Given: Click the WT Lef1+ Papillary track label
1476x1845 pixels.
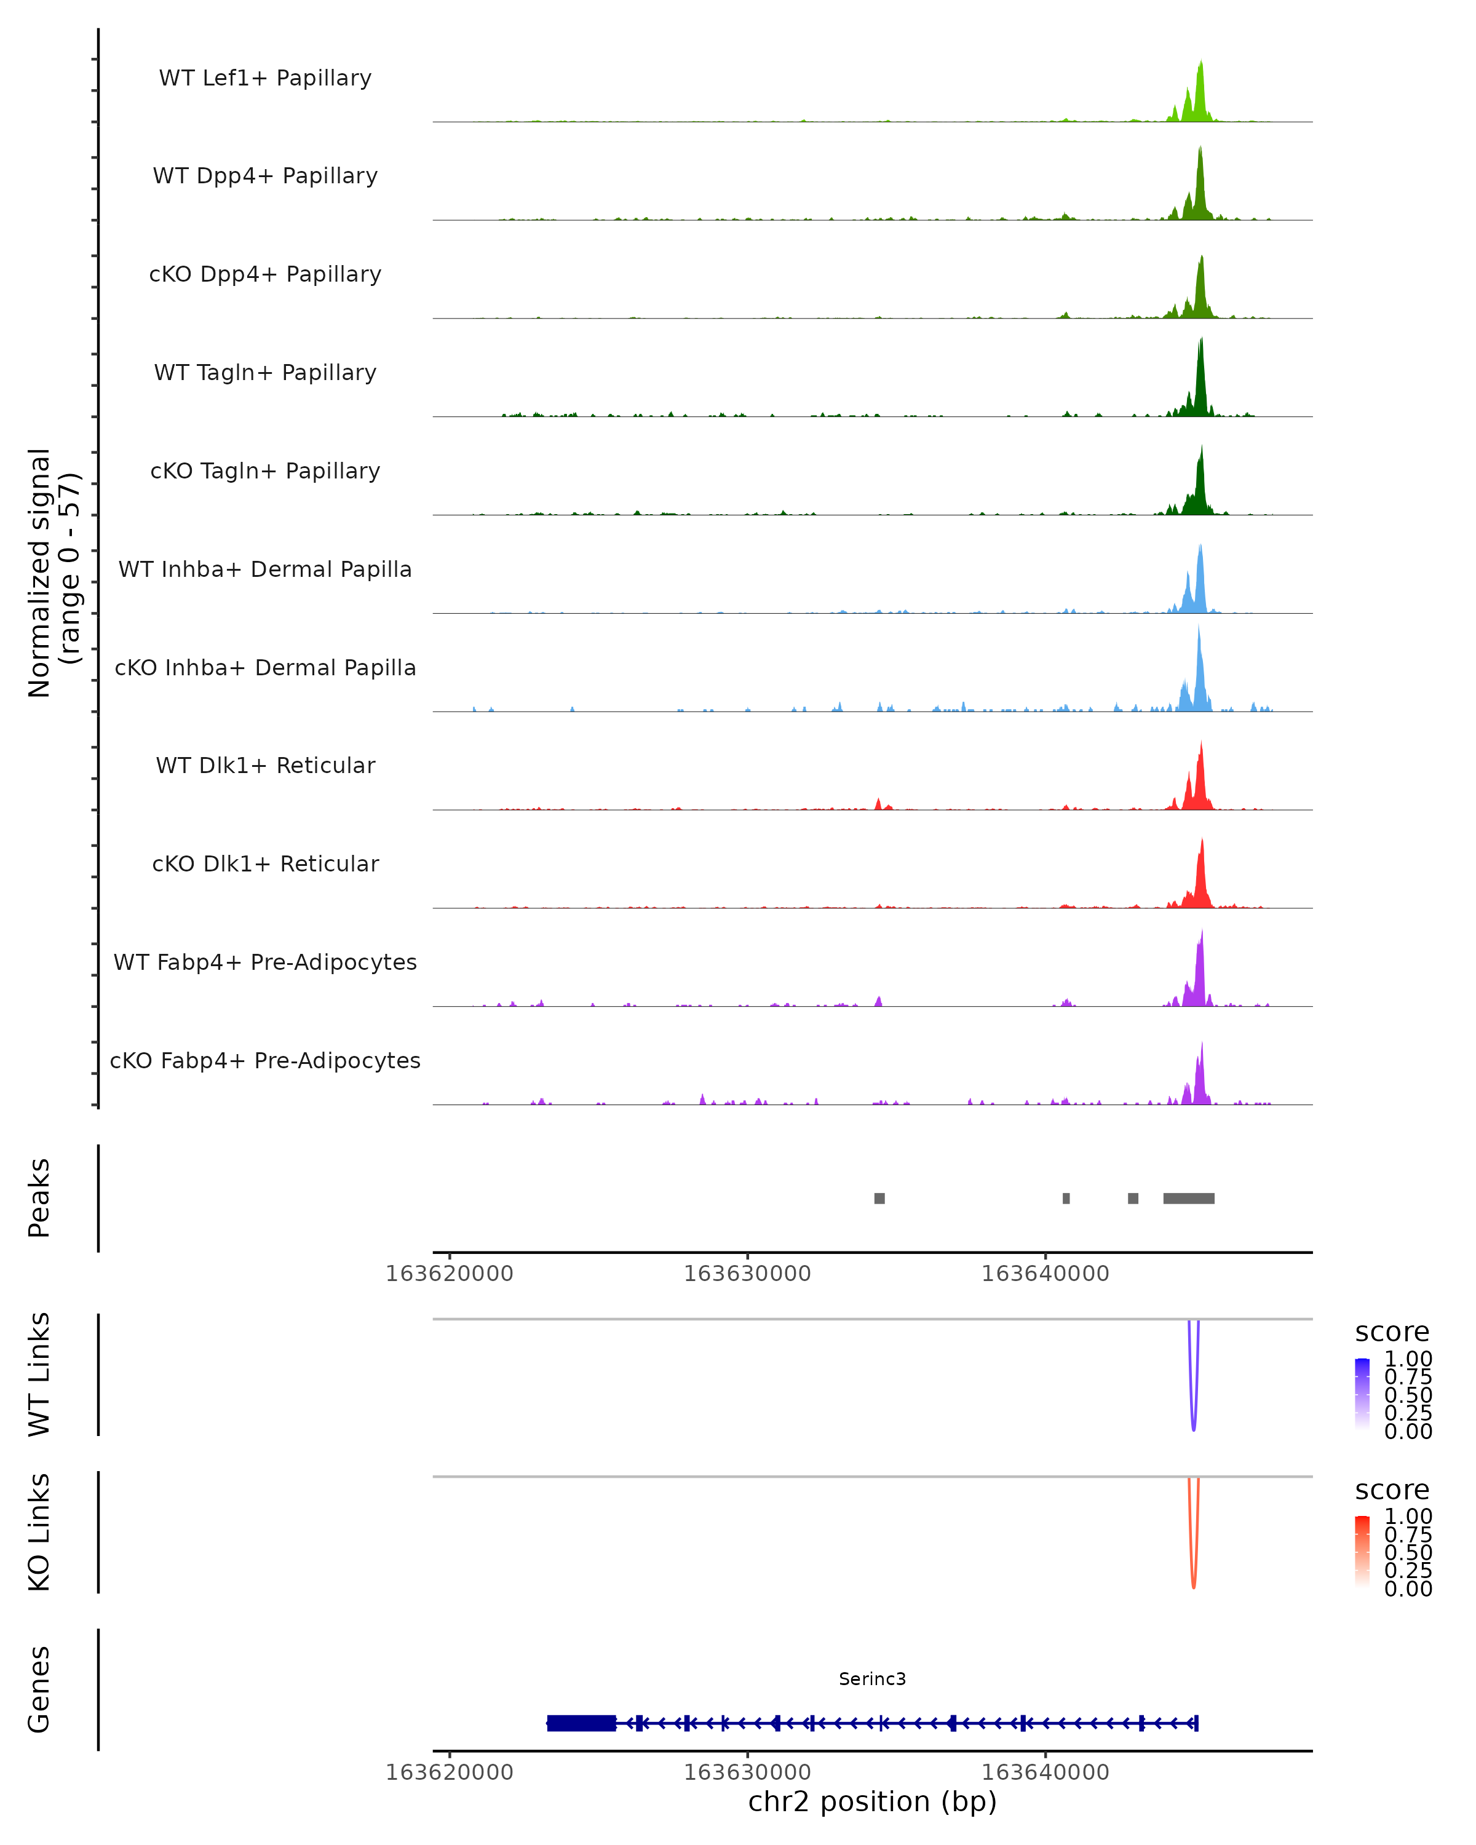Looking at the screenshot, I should (265, 78).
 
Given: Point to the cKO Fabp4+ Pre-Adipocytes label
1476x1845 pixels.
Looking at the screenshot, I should (265, 1060).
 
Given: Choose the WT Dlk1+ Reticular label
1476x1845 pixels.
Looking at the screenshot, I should (265, 766).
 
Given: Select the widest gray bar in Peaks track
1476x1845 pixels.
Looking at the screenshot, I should (1189, 1198).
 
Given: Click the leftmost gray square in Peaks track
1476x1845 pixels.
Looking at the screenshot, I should (879, 1198).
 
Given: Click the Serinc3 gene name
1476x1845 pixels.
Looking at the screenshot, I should (872, 1679).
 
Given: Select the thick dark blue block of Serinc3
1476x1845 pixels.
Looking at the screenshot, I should (582, 1723).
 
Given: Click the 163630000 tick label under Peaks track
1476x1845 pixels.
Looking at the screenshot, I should (747, 1274).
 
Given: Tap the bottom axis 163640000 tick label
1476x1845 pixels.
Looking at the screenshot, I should (1045, 1771).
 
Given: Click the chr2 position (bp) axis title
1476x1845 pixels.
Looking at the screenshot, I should (872, 1802).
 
